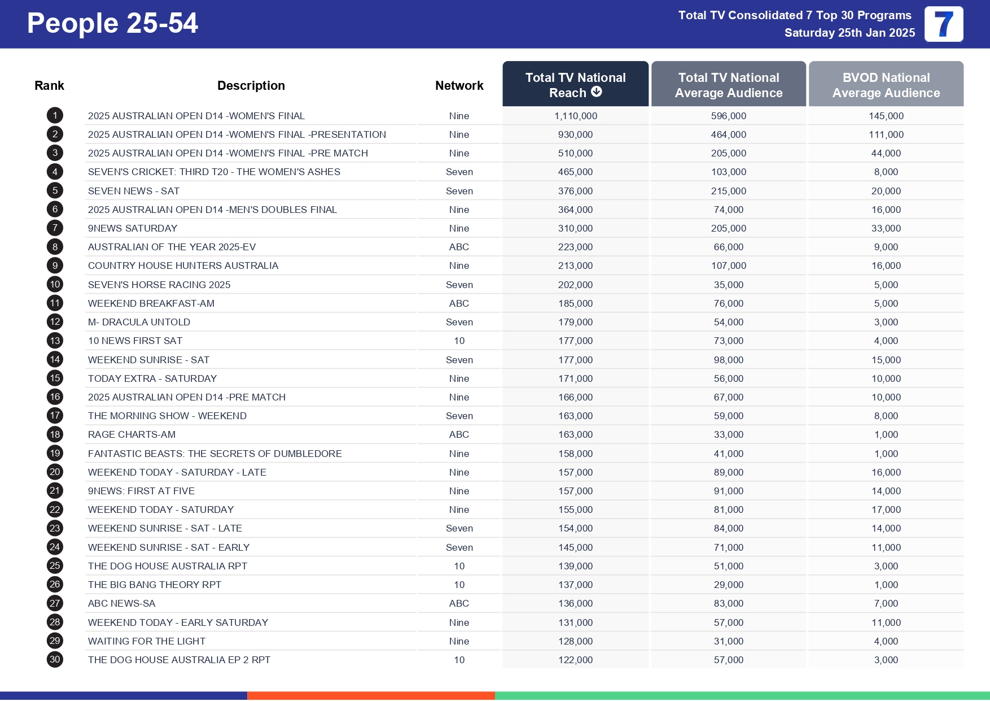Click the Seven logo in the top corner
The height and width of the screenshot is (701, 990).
[943, 24]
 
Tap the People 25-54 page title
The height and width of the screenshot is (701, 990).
[112, 24]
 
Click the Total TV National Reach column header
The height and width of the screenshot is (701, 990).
[575, 85]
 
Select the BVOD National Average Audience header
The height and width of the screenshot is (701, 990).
[886, 85]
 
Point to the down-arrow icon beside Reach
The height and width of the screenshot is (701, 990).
[597, 92]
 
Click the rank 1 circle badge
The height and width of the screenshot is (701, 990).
[55, 116]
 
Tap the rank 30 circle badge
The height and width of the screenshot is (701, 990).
[55, 660]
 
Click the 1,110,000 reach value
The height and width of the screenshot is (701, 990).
[575, 116]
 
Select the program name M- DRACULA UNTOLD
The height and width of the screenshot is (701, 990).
[139, 322]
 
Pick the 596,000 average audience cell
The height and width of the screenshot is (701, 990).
[728, 116]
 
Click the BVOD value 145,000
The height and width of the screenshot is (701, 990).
[886, 116]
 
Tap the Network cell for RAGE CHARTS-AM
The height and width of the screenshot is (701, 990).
[459, 434]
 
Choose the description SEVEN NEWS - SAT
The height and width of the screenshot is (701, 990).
[134, 191]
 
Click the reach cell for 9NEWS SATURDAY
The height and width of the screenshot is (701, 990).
[575, 228]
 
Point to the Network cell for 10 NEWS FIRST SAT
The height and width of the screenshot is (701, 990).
[459, 341]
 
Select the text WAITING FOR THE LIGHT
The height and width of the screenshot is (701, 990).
[147, 641]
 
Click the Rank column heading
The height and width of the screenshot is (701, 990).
[49, 85]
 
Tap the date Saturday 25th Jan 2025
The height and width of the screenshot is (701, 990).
[849, 33]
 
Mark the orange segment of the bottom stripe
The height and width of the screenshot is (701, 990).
[371, 696]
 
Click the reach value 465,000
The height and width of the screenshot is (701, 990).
[575, 172]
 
